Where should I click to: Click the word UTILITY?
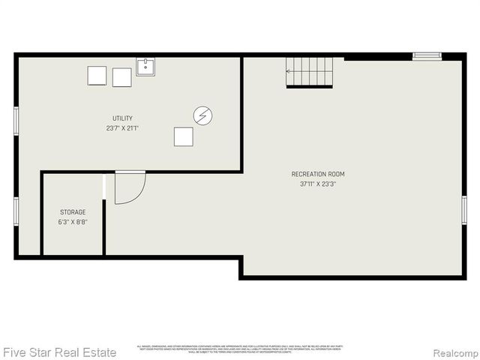[x=122, y=118]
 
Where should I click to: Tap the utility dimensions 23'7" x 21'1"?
[x=122, y=128]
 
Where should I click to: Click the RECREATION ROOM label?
[x=318, y=174]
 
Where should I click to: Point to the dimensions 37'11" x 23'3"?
[x=318, y=184]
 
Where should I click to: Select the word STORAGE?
[x=72, y=212]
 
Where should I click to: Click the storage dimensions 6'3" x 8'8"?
[x=72, y=222]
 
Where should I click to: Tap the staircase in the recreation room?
[x=310, y=72]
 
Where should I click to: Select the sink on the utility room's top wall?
[x=145, y=67]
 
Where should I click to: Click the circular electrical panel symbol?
[x=202, y=115]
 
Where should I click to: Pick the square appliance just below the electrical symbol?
[x=184, y=136]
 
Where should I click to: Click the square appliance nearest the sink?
[x=121, y=77]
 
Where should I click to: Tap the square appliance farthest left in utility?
[x=97, y=76]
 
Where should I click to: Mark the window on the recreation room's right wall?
[x=464, y=209]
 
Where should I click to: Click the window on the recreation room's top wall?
[x=427, y=55]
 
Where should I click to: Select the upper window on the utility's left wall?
[x=16, y=121]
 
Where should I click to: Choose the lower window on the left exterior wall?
[x=16, y=211]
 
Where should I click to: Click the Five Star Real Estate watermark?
[x=59, y=352]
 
